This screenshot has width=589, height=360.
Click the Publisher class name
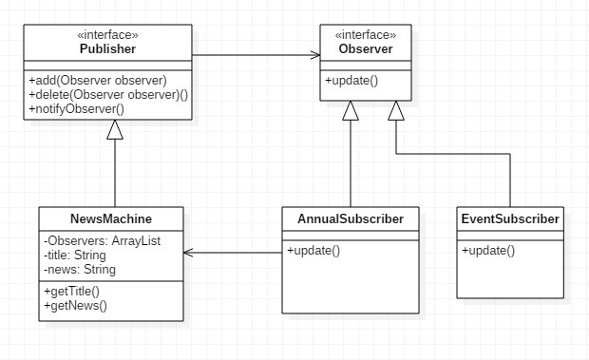pyautogui.click(x=107, y=48)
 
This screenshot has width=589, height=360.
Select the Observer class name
pyautogui.click(x=366, y=48)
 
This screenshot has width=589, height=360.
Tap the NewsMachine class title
pyautogui.click(x=111, y=218)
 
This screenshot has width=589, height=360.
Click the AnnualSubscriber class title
pyautogui.click(x=351, y=218)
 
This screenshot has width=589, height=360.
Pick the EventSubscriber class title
pyautogui.click(x=510, y=218)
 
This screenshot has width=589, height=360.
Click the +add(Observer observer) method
pyautogui.click(x=98, y=81)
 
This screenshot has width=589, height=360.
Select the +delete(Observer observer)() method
pyautogui.click(x=108, y=95)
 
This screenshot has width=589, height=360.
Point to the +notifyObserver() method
pyautogui.click(x=76, y=109)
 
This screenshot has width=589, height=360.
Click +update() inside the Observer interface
pyautogui.click(x=351, y=81)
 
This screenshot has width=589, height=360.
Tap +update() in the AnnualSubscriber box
pyautogui.click(x=313, y=251)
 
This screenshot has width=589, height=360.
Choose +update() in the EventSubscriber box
pyautogui.click(x=488, y=251)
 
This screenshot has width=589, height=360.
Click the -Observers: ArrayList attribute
pyautogui.click(x=103, y=240)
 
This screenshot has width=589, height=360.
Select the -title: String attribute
pyautogui.click(x=75, y=256)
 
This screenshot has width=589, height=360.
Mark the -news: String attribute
pyautogui.click(x=80, y=270)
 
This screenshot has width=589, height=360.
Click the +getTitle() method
pyautogui.click(x=72, y=292)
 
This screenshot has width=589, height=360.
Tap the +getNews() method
pyautogui.click(x=75, y=306)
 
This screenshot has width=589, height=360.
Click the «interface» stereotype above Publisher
pyautogui.click(x=107, y=35)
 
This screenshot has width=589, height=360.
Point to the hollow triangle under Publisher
pyautogui.click(x=115, y=130)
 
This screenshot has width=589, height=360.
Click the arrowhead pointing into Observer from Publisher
pyautogui.click(x=315, y=55)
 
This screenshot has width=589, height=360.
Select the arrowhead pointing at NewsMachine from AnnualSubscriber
pyautogui.click(x=188, y=253)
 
